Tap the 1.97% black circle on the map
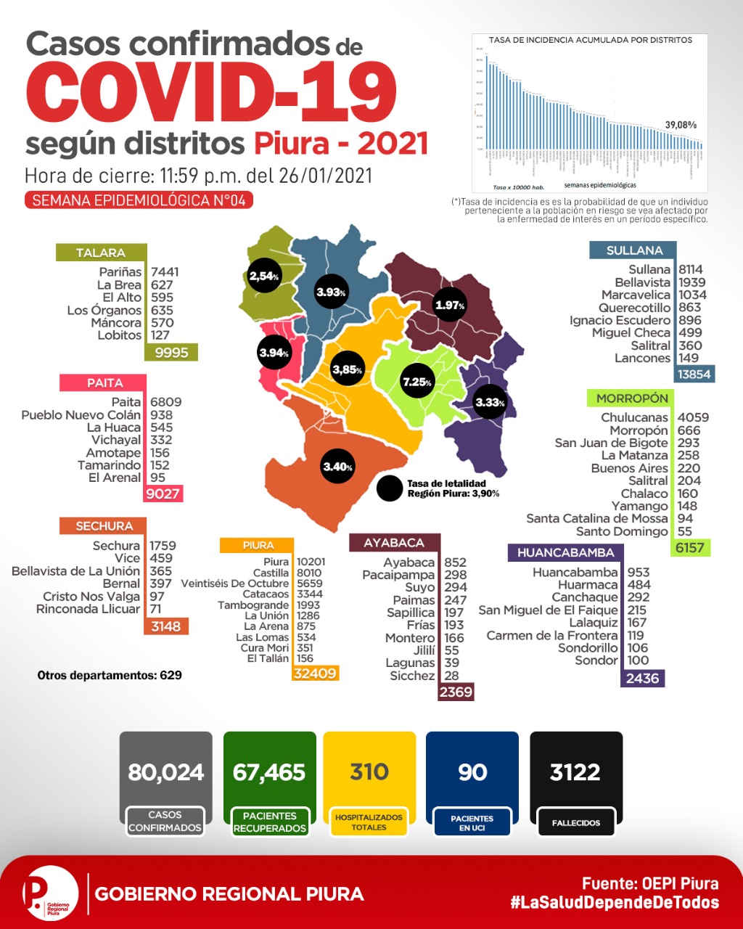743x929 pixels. click(x=449, y=305)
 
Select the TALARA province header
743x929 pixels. click(x=101, y=253)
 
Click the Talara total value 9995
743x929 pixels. click(x=171, y=352)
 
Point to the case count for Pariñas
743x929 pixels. click(x=165, y=272)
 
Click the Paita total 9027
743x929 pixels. click(x=163, y=494)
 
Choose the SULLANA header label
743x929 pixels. click(x=635, y=250)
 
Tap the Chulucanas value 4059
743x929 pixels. click(x=693, y=417)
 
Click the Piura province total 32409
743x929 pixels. click(x=315, y=674)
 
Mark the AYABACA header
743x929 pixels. click(x=394, y=543)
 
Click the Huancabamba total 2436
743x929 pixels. click(x=643, y=678)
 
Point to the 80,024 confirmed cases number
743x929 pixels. click(x=166, y=772)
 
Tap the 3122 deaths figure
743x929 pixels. click(x=575, y=772)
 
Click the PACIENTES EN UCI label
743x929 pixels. click(x=472, y=823)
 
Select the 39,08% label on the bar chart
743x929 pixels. click(x=681, y=125)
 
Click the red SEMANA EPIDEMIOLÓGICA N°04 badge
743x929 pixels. click(x=139, y=200)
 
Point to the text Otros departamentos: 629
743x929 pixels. click(x=110, y=675)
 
